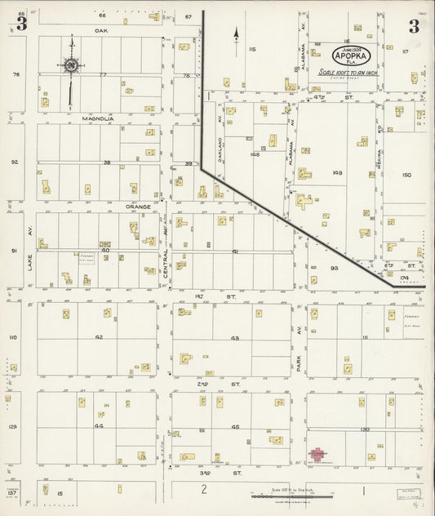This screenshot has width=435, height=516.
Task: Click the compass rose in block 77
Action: (71, 64)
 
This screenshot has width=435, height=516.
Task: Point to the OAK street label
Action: (101, 30)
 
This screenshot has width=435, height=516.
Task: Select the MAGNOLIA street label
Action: (97, 118)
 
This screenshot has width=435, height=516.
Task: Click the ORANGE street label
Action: (138, 207)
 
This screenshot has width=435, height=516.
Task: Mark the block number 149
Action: (335, 173)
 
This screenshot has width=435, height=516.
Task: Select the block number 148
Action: (255, 153)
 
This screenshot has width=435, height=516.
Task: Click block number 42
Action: (99, 336)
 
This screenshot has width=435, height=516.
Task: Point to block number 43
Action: (235, 338)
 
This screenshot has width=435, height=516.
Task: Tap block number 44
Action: (99, 425)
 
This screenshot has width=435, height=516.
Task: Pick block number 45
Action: (235, 426)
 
